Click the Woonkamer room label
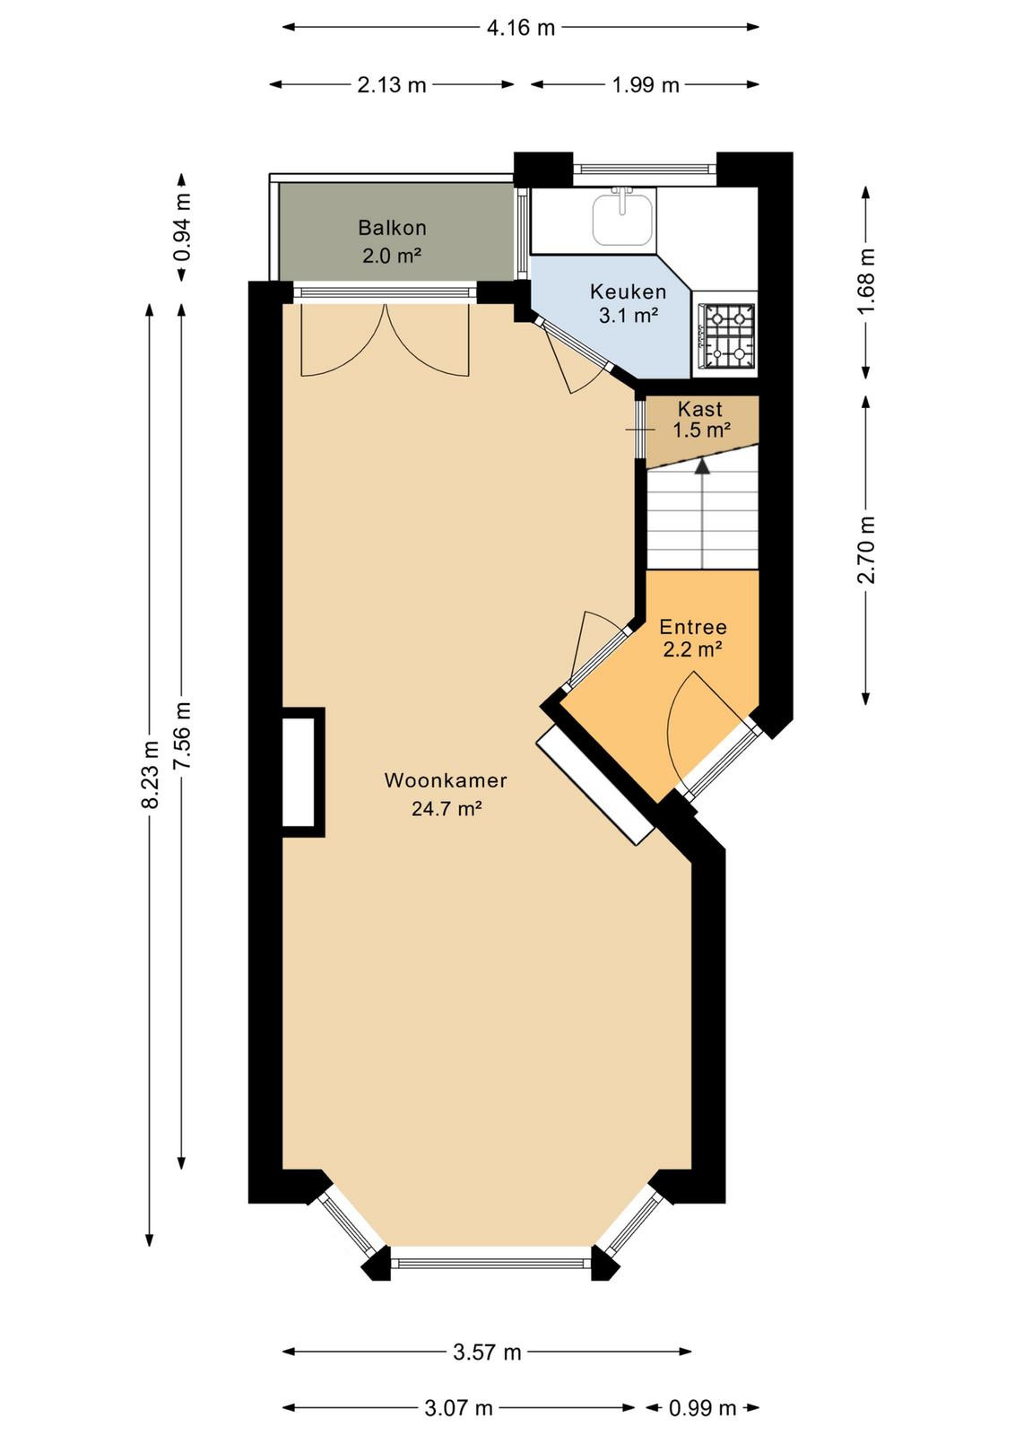pyautogui.click(x=446, y=780)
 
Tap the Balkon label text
pyautogui.click(x=392, y=228)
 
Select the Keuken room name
pyautogui.click(x=629, y=292)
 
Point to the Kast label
pyautogui.click(x=700, y=409)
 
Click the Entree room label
pyautogui.click(x=693, y=627)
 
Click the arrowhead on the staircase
pyautogui.click(x=703, y=465)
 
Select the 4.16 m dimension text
pyautogui.click(x=521, y=28)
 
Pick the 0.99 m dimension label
pyautogui.click(x=702, y=1407)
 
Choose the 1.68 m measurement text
pyautogui.click(x=866, y=282)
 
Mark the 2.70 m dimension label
pyautogui.click(x=866, y=550)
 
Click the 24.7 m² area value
pyautogui.click(x=446, y=808)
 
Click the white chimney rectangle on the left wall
pyautogui.click(x=299, y=772)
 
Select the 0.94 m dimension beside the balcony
pyautogui.click(x=182, y=228)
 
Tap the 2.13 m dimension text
pyautogui.click(x=391, y=84)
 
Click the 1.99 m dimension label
pyautogui.click(x=645, y=84)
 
